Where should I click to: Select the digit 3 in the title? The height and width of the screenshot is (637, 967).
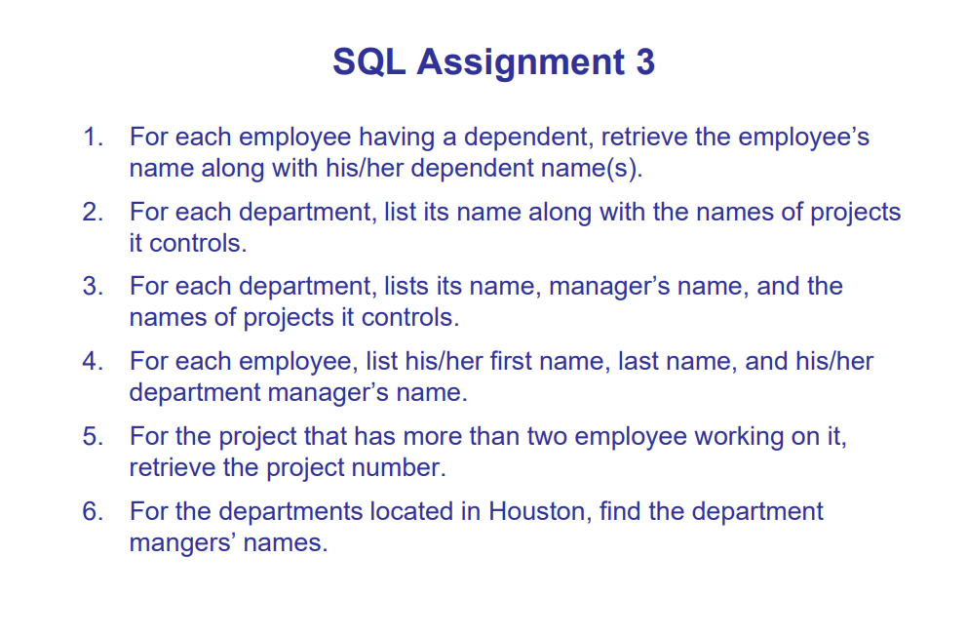coord(645,62)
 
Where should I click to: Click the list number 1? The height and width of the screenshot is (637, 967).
coord(92,138)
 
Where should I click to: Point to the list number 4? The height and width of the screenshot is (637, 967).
coord(92,362)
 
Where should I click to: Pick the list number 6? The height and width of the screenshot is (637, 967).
coord(92,511)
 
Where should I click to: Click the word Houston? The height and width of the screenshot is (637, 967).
coord(537,511)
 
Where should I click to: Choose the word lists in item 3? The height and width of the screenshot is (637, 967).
coord(411,287)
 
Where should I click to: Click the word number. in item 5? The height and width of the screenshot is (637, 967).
coord(398,467)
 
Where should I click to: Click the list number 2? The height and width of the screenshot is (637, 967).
coord(92,213)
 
